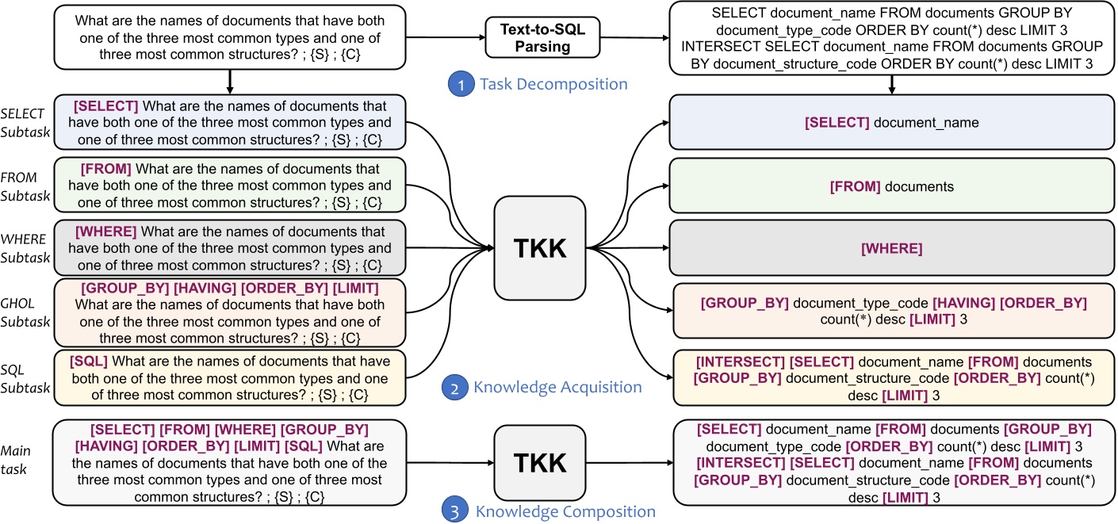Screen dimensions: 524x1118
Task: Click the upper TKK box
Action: (x=539, y=247)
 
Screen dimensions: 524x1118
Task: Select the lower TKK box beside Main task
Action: (x=539, y=462)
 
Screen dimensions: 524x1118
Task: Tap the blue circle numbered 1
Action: (x=457, y=83)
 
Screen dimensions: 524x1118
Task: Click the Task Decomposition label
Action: (x=553, y=83)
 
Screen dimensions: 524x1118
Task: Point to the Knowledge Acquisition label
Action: (x=557, y=388)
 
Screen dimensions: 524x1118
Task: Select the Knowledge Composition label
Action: (x=565, y=511)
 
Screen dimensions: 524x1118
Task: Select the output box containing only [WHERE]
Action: (x=893, y=248)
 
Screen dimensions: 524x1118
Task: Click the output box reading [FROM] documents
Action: (x=893, y=186)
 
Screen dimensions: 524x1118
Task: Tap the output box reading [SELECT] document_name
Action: (x=893, y=123)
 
